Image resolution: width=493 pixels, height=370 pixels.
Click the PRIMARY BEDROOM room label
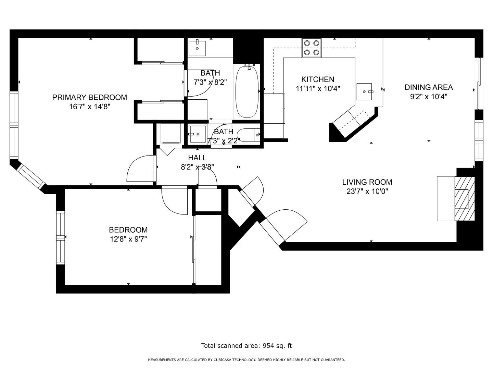[89, 97]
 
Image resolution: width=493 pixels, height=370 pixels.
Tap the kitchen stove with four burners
[312, 48]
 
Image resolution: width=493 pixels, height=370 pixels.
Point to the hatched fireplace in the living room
[465, 199]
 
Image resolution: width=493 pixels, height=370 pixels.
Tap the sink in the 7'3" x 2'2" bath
[197, 134]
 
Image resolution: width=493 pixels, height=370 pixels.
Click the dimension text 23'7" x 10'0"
[367, 192]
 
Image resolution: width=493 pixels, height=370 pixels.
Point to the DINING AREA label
[429, 87]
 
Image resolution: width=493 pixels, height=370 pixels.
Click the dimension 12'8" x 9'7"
[128, 239]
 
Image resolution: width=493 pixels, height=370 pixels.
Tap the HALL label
[197, 158]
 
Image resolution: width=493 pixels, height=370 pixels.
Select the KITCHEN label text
[317, 79]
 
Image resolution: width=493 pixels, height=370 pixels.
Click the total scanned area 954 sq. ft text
[246, 346]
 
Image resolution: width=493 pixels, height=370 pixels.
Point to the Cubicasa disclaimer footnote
[246, 360]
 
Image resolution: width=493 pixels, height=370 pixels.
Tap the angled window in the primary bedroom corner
[31, 176]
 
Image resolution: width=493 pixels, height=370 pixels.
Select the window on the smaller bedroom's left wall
[61, 238]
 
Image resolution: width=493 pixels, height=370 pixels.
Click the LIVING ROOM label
[367, 182]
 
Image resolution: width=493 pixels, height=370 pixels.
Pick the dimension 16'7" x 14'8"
[89, 107]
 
